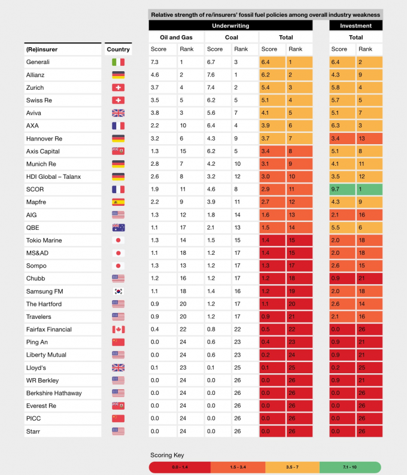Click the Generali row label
coord(37,62)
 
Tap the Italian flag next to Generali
coord(118,62)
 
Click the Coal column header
coord(232,37)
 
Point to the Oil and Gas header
coord(176,37)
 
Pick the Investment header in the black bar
coord(356,26)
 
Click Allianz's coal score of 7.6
coord(212,75)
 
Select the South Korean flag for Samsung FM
coord(118,291)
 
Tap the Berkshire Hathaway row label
coord(53,393)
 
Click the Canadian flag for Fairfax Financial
coord(118,330)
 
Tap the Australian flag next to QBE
coord(118,227)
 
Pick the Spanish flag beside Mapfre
coord(118,202)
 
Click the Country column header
coord(118,49)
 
